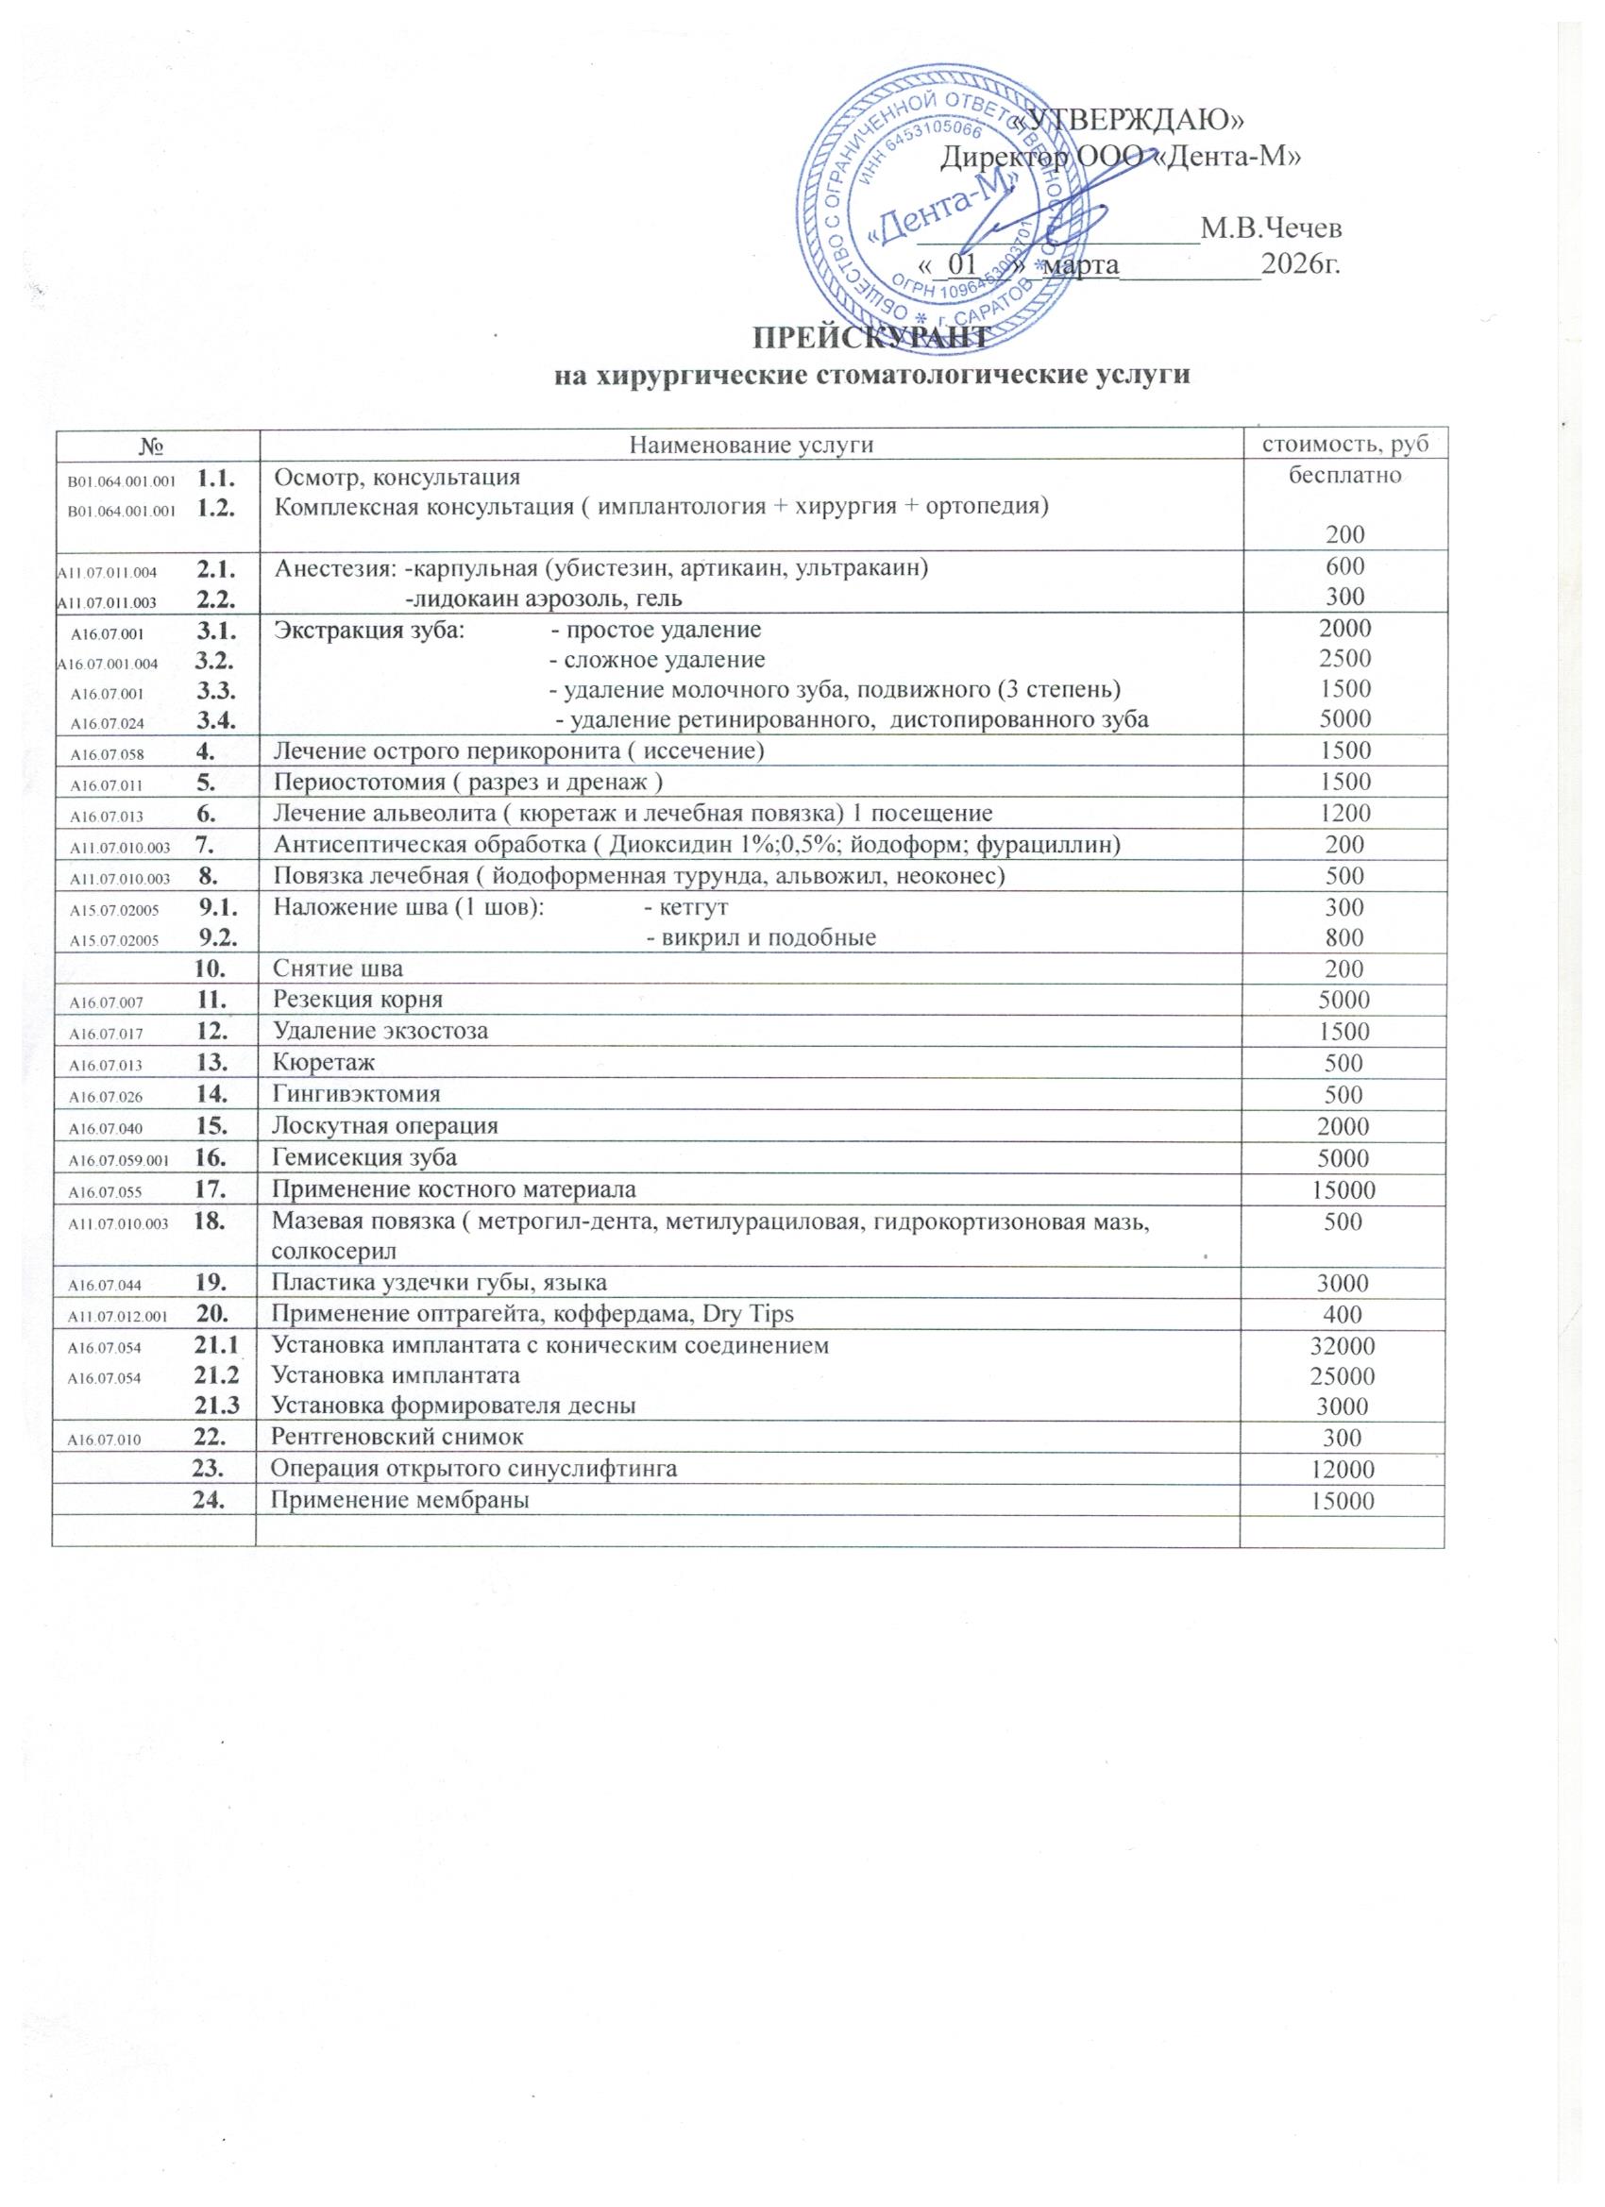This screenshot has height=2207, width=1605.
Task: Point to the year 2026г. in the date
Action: pos(1300,263)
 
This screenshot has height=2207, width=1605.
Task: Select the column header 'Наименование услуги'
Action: pos(752,446)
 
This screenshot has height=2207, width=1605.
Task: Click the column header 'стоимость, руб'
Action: pos(1343,446)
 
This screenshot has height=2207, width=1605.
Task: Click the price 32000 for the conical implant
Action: pos(1343,1347)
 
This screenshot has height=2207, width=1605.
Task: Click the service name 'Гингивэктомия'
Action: pos(355,1094)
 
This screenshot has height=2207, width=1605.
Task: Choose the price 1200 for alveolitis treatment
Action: pos(1344,814)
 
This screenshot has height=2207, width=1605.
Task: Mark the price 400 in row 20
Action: pos(1343,1315)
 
